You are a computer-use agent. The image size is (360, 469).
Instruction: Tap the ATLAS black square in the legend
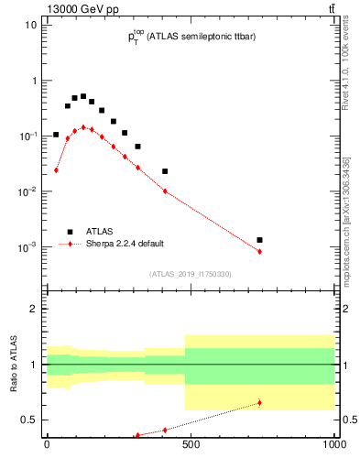click(x=70, y=232)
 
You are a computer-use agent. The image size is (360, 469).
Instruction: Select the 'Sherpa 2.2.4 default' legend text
click(x=126, y=245)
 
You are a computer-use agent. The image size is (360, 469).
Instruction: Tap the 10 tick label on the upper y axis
click(x=29, y=25)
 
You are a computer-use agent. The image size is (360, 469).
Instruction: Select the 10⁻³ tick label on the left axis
click(x=27, y=247)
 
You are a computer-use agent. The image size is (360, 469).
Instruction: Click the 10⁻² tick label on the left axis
click(x=27, y=191)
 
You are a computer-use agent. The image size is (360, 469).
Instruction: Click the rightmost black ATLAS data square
click(x=260, y=240)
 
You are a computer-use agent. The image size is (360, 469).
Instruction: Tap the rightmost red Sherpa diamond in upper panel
click(x=260, y=251)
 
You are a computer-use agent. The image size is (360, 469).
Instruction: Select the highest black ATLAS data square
click(x=83, y=96)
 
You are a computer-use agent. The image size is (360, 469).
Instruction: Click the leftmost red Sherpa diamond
click(x=56, y=170)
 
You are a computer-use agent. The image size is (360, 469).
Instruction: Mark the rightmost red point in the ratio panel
click(x=260, y=402)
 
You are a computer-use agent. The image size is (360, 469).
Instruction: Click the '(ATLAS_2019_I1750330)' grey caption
click(x=191, y=274)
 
